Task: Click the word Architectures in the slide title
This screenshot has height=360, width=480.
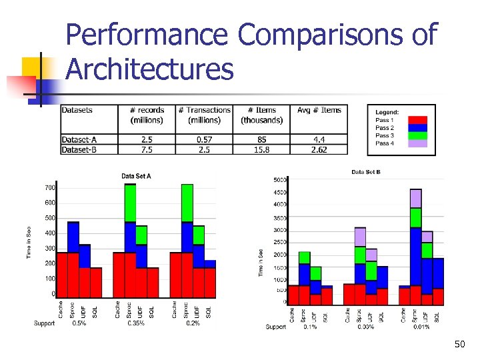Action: click(150, 69)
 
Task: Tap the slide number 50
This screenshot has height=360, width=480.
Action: click(459, 344)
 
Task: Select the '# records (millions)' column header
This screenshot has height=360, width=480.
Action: click(147, 115)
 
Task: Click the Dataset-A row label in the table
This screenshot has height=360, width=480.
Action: click(79, 139)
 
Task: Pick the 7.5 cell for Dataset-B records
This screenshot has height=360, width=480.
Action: click(147, 149)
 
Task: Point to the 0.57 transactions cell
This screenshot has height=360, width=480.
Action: click(204, 139)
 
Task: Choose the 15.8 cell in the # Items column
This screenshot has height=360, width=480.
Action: click(261, 149)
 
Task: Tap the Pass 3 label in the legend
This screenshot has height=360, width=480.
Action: click(385, 135)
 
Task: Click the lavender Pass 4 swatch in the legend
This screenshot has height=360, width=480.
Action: click(417, 143)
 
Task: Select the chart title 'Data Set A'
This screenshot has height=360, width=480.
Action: click(137, 176)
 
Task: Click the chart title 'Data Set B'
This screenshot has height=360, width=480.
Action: click(366, 173)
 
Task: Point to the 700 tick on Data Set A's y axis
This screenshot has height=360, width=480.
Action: click(50, 187)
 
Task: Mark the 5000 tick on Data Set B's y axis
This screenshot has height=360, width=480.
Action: click(280, 180)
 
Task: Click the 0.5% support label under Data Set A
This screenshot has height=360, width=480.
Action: click(79, 323)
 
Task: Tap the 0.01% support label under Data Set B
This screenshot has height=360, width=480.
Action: click(421, 327)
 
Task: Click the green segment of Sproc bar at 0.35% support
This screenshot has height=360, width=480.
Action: click(130, 203)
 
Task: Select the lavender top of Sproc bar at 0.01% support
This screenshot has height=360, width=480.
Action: click(415, 198)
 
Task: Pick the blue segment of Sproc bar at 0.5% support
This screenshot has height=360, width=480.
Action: click(73, 237)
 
